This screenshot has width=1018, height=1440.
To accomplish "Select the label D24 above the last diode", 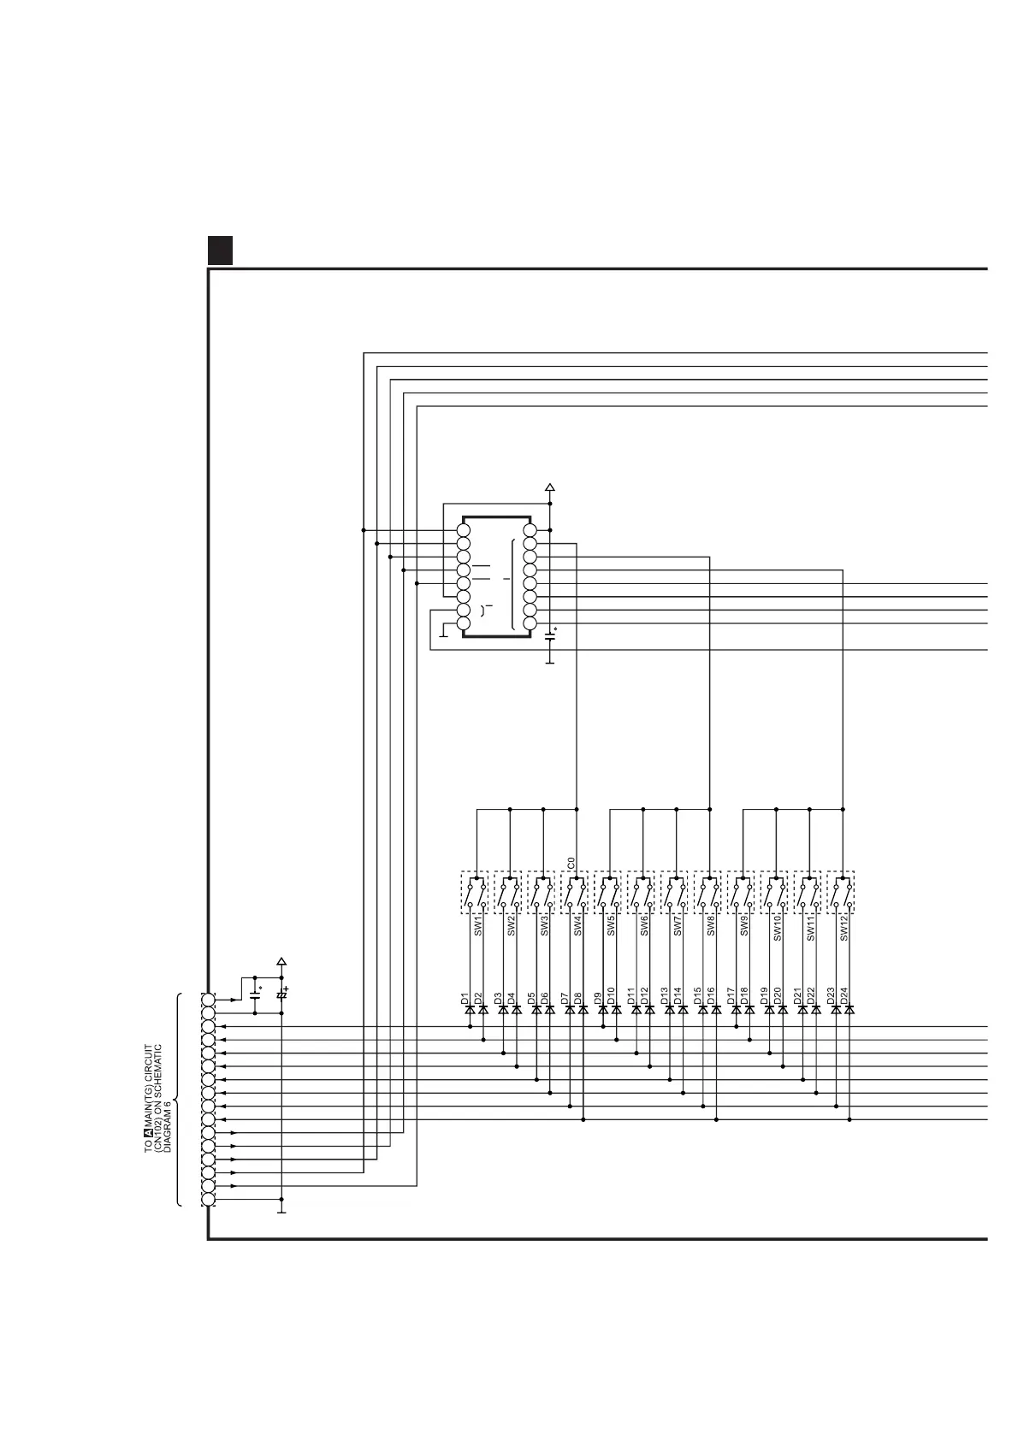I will pyautogui.click(x=843, y=995).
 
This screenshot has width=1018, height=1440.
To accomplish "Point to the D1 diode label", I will pyautogui.click(x=465, y=997).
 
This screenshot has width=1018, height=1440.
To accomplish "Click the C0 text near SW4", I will pyautogui.click(x=571, y=862).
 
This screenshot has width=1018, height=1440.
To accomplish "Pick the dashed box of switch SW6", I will pyautogui.click(x=642, y=893).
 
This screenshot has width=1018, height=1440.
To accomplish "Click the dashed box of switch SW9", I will pyautogui.click(x=742, y=893).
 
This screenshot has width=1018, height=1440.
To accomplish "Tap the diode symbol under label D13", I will pyautogui.click(x=669, y=1010).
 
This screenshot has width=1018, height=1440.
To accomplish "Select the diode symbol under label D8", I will pyautogui.click(x=583, y=1010).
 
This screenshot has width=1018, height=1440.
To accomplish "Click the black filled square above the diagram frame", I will pyautogui.click(x=220, y=249).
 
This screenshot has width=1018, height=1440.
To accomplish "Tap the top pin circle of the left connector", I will pyautogui.click(x=209, y=1000).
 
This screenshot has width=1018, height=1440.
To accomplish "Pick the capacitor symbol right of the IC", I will pyautogui.click(x=550, y=634).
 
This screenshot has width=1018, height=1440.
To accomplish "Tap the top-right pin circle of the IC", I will pyautogui.click(x=530, y=530).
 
